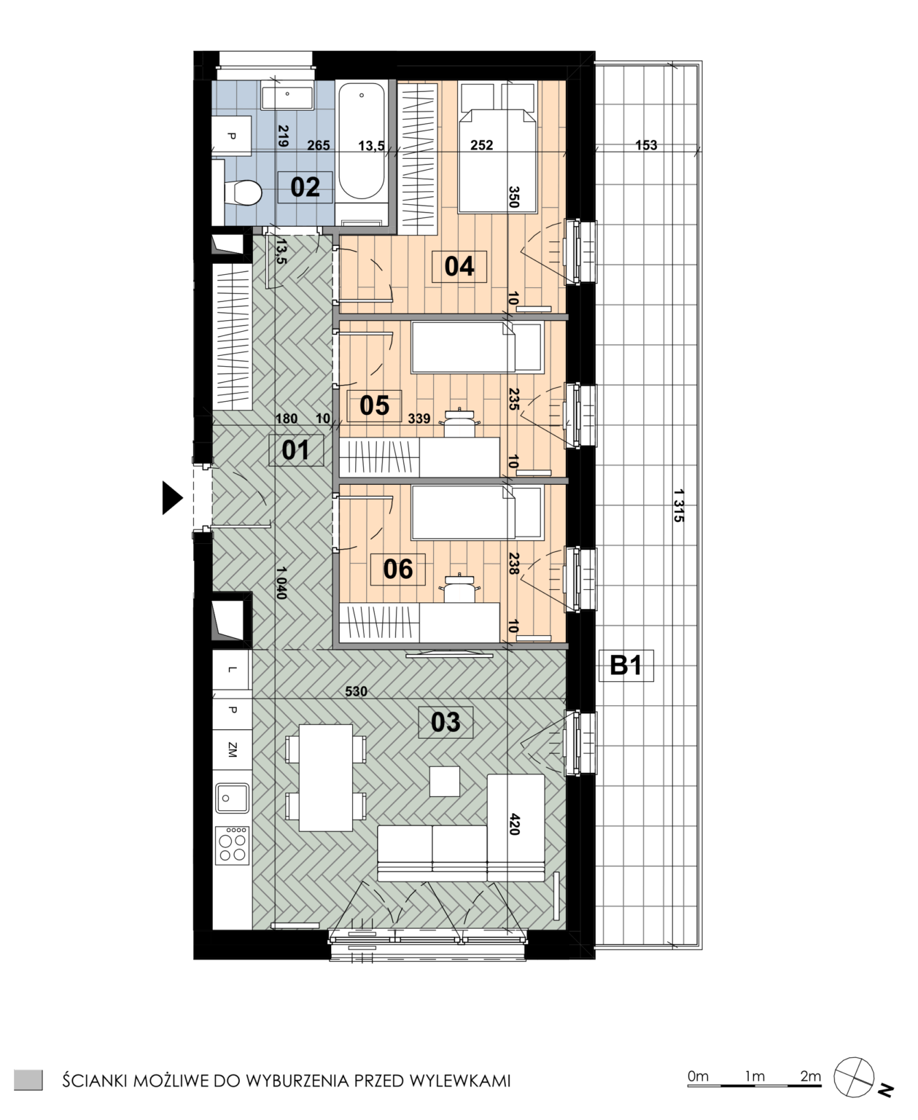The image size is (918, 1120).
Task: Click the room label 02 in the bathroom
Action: coord(306,187)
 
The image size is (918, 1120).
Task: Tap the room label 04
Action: coord(459,266)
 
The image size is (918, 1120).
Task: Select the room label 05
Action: coord(374,405)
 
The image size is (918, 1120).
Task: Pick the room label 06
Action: coord(397,569)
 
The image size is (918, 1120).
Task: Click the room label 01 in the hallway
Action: coord(296,451)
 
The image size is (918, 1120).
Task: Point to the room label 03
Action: coord(446,722)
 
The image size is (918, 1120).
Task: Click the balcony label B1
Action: coord(626,666)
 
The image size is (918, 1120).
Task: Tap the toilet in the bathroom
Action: coord(242,192)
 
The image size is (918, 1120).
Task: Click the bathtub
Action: coord(362,141)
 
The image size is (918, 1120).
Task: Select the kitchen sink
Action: coord(232,798)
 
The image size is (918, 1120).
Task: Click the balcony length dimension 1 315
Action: coord(679,506)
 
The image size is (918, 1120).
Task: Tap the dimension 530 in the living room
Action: coord(356,691)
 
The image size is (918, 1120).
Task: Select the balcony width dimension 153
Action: coord(646,145)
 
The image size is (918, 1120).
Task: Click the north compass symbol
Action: coord(854,1077)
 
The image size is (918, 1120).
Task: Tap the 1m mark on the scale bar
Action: coord(755,1076)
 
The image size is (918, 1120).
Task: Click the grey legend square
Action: coord(28,1080)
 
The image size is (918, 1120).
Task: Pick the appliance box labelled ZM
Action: coord(232,750)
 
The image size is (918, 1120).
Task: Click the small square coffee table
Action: coord(444,781)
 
